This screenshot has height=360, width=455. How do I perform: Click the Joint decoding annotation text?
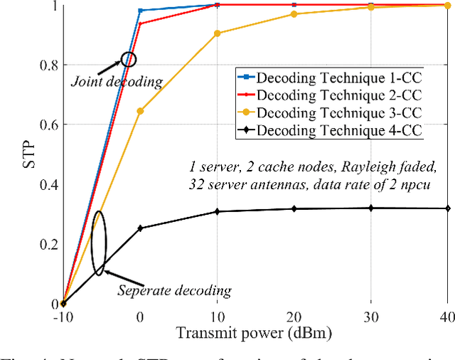(x=116, y=81)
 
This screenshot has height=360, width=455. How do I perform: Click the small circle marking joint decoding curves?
(x=128, y=60)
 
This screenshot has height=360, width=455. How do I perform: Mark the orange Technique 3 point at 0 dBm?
(x=140, y=111)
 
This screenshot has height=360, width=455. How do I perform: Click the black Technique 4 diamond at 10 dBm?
(x=217, y=211)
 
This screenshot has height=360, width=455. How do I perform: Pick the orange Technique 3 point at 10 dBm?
(x=217, y=33)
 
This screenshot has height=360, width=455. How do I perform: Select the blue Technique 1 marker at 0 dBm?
(x=140, y=11)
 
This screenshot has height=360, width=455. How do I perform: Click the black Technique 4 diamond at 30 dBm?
(x=371, y=208)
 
